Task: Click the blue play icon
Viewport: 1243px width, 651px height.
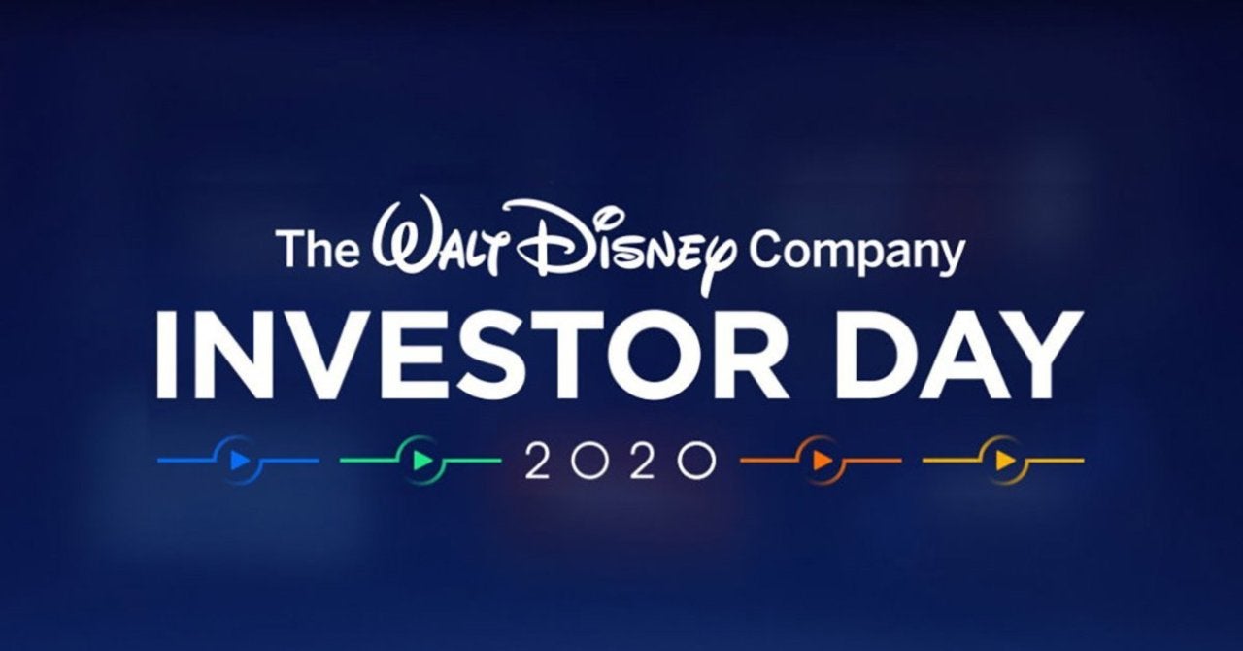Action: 239,460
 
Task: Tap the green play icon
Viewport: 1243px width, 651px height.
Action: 421,460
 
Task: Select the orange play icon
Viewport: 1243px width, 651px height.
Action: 822,460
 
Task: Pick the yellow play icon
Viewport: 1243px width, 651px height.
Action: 1004,460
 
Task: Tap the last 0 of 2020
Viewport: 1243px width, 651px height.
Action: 695,462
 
